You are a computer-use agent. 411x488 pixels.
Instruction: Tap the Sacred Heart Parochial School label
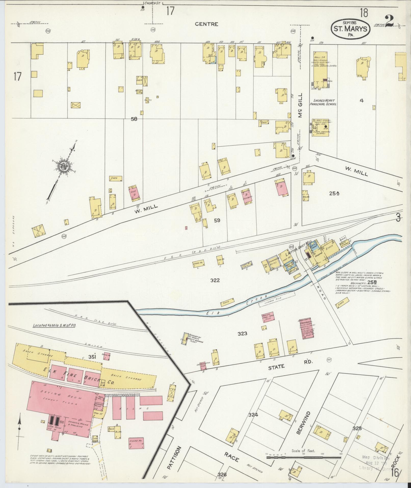(323, 102)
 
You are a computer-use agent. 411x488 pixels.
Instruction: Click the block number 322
(215, 280)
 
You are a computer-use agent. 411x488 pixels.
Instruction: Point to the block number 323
(242, 333)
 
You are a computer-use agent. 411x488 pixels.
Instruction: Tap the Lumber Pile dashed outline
(277, 299)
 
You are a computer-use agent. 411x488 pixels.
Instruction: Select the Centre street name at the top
(206, 24)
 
